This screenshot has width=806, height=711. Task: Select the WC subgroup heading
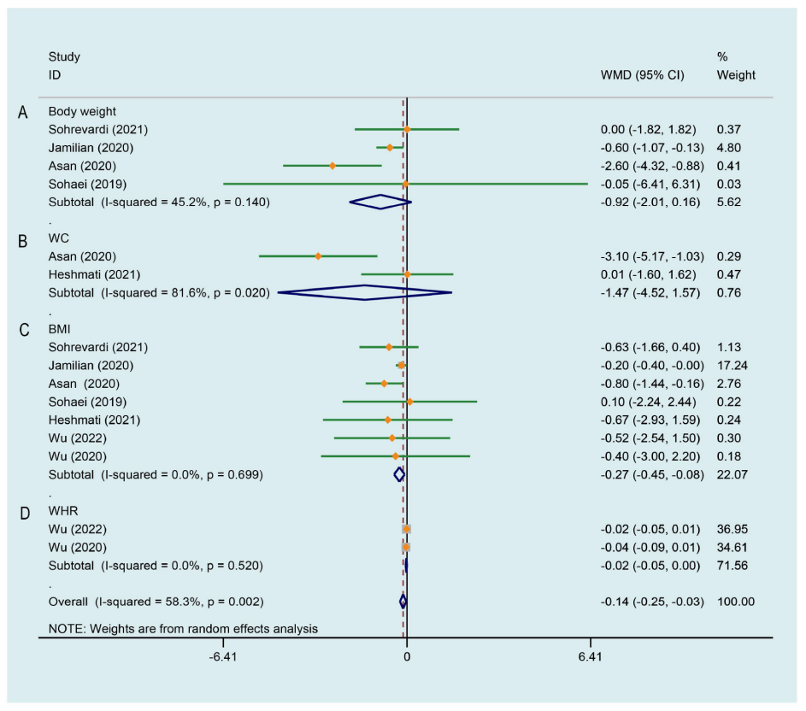[58, 238]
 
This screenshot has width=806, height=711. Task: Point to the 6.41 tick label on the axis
[590, 657]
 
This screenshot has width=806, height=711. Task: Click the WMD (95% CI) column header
[643, 74]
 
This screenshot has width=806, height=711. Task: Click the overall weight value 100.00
[735, 602]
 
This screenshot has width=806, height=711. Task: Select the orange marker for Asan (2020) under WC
[318, 256]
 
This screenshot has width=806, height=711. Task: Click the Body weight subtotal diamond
[380, 202]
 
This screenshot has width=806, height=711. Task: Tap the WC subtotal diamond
[365, 293]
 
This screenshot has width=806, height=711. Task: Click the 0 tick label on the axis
[406, 657]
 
